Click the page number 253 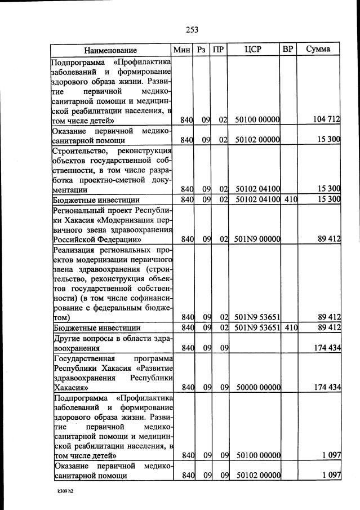[x=190, y=30]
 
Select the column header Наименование [x=111, y=50]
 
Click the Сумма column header [x=318, y=50]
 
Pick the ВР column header [x=288, y=50]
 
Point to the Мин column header [x=183, y=50]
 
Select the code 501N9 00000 [x=257, y=240]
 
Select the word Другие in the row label [x=66, y=338]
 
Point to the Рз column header [x=201, y=50]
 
